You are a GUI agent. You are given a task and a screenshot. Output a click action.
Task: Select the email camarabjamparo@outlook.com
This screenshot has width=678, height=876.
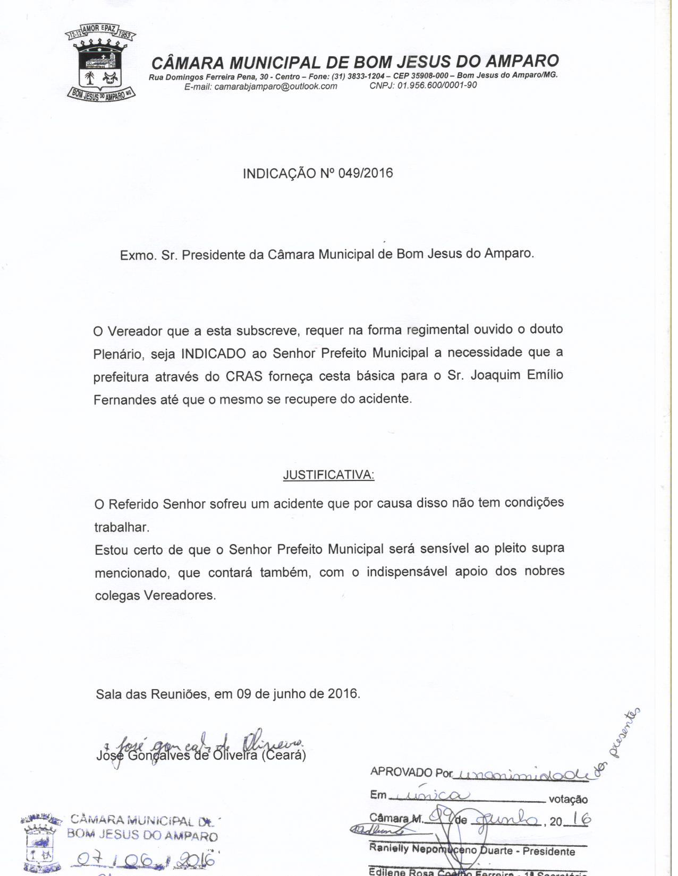(x=275, y=86)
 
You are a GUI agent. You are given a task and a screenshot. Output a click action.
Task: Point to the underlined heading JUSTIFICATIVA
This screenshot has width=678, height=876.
(x=328, y=475)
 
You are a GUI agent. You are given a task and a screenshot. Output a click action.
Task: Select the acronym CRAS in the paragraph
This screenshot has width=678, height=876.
(x=245, y=376)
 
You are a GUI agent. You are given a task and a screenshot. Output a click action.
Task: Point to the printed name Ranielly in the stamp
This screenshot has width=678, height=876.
(x=389, y=848)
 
